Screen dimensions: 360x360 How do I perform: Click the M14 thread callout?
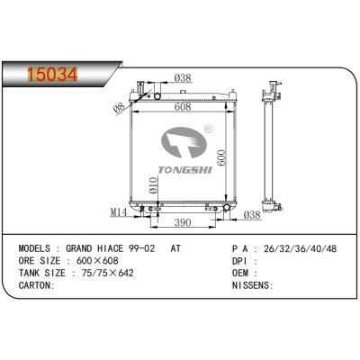tap(118, 212)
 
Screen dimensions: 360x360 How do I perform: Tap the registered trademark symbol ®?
tap(207, 130)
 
